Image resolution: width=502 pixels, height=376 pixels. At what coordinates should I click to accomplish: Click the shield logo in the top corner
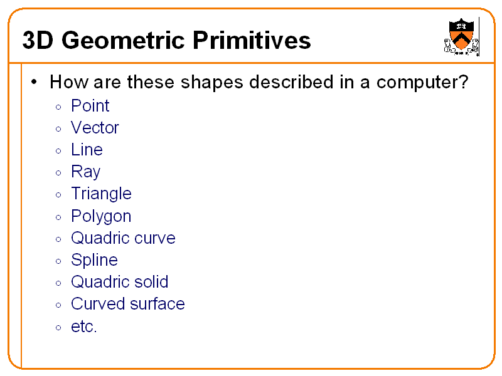(x=461, y=36)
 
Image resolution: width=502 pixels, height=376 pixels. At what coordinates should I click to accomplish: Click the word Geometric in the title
(x=123, y=40)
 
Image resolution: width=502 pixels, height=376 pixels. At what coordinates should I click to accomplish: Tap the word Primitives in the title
(x=252, y=40)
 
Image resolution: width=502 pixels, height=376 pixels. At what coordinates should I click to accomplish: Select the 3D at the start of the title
(x=38, y=40)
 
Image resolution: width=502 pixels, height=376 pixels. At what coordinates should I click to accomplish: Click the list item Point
(x=90, y=106)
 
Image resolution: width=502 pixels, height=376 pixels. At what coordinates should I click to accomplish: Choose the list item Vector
(x=95, y=128)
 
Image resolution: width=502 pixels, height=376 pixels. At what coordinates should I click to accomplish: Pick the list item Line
(x=87, y=150)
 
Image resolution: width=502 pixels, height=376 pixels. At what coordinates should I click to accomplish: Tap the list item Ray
(x=85, y=172)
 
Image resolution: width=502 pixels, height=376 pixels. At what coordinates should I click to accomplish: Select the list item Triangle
(x=101, y=194)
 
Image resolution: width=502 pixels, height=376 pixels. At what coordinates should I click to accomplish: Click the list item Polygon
(x=101, y=216)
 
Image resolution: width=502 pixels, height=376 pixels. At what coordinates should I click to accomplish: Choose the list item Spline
(x=95, y=260)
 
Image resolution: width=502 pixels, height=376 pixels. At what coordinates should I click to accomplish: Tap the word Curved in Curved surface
(x=99, y=304)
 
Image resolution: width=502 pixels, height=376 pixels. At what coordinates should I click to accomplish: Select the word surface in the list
(x=158, y=304)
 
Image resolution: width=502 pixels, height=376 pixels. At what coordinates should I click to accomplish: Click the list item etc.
(x=84, y=326)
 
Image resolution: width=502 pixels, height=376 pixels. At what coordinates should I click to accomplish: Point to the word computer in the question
(x=422, y=83)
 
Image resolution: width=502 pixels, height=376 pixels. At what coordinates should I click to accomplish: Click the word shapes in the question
(x=212, y=83)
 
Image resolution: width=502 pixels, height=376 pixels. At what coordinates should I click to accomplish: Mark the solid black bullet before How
(x=34, y=82)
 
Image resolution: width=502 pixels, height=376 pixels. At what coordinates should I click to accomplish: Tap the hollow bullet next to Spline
(x=58, y=261)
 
